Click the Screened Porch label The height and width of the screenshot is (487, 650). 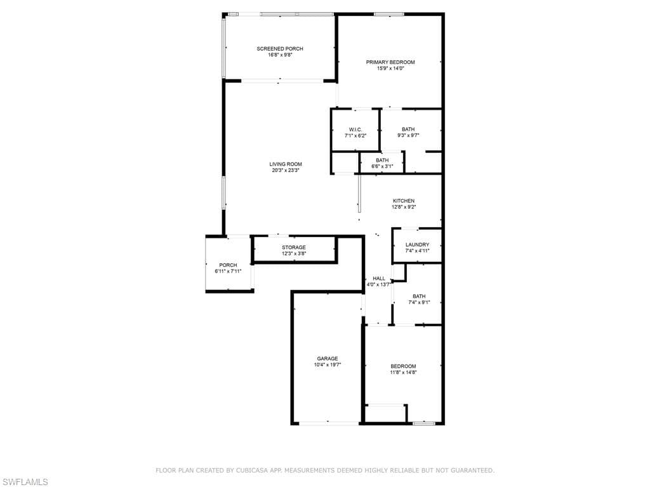tap(279, 49)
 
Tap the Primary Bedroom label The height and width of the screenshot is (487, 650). tap(390, 62)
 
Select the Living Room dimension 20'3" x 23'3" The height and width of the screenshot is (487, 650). tap(286, 170)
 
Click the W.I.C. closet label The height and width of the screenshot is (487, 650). tap(355, 129)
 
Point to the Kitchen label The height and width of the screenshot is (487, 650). tap(404, 201)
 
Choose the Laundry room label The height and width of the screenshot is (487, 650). tap(417, 245)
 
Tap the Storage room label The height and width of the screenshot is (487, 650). tap(294, 247)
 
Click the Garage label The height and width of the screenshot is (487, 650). tap(328, 359)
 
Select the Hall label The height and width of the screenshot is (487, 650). tap(379, 278)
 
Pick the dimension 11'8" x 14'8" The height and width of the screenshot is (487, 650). tap(403, 372)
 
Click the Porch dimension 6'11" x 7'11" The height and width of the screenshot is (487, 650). tap(228, 271)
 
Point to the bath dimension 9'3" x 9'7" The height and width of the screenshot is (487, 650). tap(408, 135)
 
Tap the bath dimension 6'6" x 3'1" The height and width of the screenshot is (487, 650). tap(381, 166)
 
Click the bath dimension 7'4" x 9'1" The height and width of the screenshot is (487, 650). tap(419, 302)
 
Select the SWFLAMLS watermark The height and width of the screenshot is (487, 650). tap(25, 483)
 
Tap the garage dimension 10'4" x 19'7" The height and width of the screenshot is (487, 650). tap(328, 365)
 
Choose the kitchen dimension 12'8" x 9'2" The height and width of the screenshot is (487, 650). tap(404, 207)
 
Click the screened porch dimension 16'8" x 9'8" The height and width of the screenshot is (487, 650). tap(279, 55)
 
